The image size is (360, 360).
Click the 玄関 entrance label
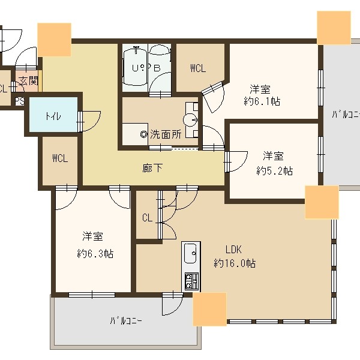(28, 80)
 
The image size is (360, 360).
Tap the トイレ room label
(52, 116)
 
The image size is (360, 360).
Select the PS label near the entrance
(19, 101)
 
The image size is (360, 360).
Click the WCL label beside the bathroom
(198, 68)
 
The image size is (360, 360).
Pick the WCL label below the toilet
(59, 159)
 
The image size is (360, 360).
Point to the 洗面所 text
(165, 135)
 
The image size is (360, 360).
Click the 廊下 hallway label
(153, 169)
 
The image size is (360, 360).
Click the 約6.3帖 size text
(95, 253)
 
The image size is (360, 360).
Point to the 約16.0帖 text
(235, 263)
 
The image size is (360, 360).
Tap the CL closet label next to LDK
(147, 218)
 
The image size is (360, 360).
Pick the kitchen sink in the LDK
(191, 253)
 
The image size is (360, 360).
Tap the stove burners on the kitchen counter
(191, 280)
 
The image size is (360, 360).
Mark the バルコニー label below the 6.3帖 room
(126, 320)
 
